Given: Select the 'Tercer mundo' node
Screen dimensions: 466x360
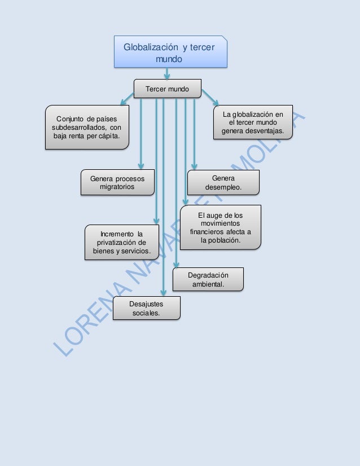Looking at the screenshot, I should (167, 89).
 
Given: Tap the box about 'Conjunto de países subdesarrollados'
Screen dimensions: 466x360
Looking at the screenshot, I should (86, 127).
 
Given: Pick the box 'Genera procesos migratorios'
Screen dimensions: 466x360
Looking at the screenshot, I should (117, 183).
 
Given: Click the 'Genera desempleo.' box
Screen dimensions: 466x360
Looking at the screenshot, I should (223, 183).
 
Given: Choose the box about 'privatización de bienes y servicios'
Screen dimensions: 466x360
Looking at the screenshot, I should (118, 242).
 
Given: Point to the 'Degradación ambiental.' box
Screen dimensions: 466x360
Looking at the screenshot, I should (208, 279).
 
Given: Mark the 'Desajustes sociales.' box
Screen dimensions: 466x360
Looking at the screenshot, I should (146, 309).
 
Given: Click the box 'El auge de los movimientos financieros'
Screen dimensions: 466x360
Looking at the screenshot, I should (221, 227).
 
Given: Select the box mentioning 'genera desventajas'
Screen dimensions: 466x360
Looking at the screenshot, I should (253, 122).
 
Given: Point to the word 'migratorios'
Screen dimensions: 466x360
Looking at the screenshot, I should (117, 187).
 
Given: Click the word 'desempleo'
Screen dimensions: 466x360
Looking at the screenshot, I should (223, 187).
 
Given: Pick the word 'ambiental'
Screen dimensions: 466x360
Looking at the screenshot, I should (208, 284).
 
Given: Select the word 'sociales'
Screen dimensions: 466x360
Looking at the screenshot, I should (146, 313).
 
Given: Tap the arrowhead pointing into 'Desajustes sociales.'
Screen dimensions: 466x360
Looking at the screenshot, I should (163, 292).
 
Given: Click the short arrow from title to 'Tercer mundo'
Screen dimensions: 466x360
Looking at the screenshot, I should (167, 73).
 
